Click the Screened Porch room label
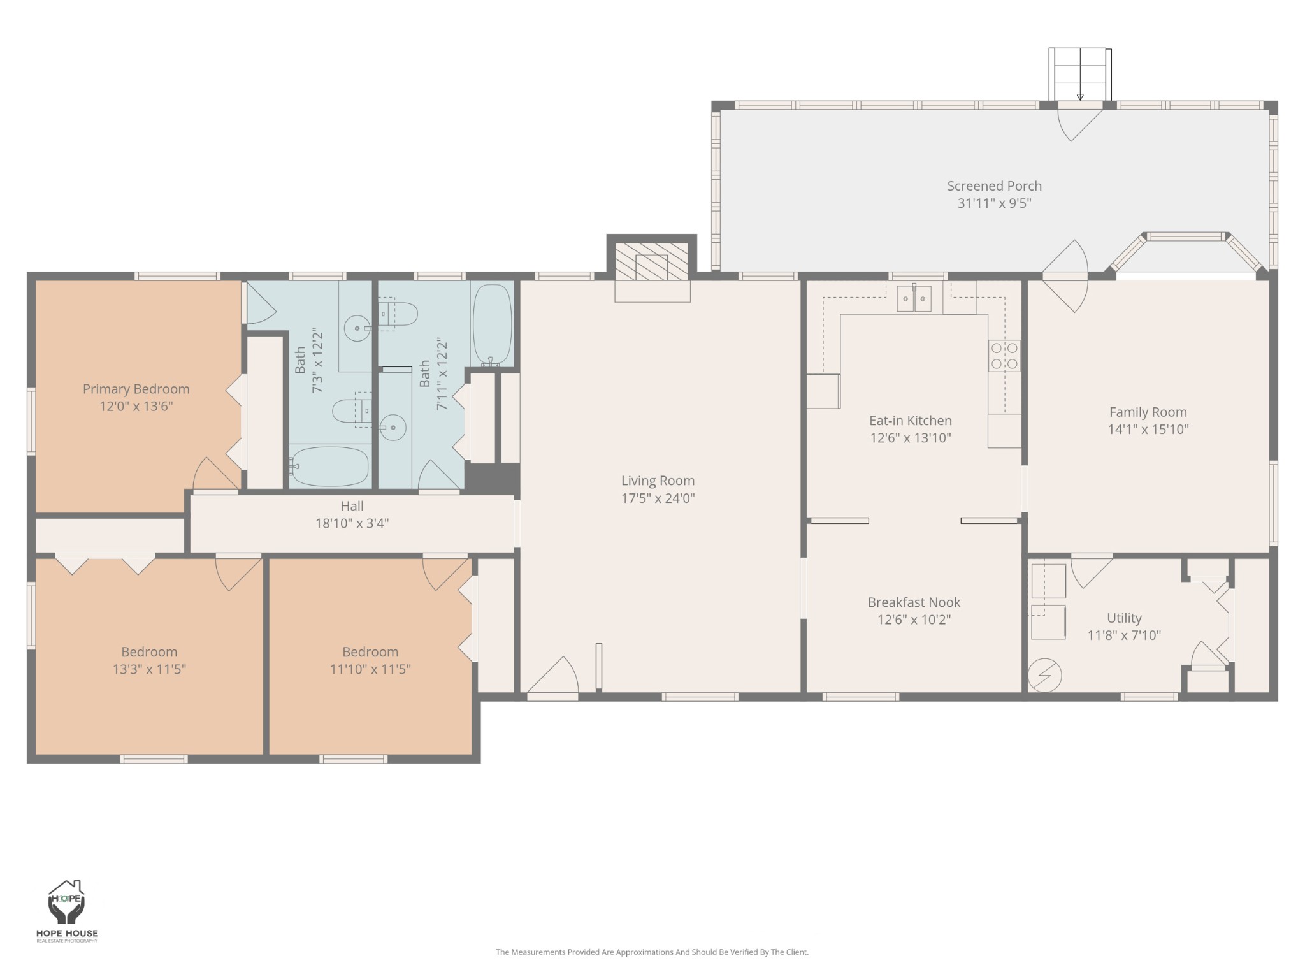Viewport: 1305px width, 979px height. (x=994, y=186)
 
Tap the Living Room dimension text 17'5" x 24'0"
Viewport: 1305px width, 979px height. (x=658, y=498)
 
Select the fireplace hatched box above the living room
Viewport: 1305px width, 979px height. (x=651, y=261)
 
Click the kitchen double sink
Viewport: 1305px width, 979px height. (x=914, y=298)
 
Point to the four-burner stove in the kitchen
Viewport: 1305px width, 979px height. (x=1004, y=356)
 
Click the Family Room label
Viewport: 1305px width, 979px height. (x=1148, y=412)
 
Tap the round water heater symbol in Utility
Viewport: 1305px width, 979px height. (x=1045, y=674)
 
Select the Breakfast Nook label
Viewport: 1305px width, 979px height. (x=914, y=602)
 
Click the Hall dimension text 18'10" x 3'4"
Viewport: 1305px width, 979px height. (x=352, y=523)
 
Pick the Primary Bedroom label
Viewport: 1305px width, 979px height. (x=136, y=389)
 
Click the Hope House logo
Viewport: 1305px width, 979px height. (x=67, y=911)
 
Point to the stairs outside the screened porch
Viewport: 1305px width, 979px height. (x=1080, y=74)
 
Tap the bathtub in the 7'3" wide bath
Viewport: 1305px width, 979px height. (x=329, y=467)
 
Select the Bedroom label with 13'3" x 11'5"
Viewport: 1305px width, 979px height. (x=149, y=652)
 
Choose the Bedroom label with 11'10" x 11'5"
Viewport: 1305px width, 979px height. (x=370, y=652)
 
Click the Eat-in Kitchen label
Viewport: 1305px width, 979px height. (x=911, y=421)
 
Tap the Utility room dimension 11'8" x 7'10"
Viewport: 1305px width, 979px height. (x=1124, y=635)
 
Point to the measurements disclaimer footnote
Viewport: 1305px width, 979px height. (x=652, y=952)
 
